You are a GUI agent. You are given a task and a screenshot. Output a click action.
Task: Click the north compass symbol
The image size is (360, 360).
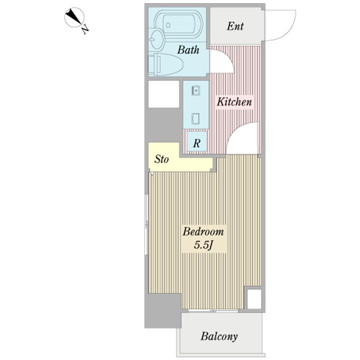click(74, 17)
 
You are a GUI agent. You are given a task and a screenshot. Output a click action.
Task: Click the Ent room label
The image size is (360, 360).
click(235, 26)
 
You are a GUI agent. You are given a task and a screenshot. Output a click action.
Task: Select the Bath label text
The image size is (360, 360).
click(188, 50)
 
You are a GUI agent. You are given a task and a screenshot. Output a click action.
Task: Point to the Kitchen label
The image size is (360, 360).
click(234, 102)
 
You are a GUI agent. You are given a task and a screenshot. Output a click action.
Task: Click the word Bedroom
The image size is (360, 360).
click(203, 231)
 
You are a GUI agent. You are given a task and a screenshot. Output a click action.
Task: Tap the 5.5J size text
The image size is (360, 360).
click(204, 245)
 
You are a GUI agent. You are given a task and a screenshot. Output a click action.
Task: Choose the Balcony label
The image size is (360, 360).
click(219, 336)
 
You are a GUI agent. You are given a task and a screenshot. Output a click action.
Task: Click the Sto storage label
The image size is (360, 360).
click(161, 159)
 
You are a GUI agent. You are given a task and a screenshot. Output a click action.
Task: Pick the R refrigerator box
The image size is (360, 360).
click(197, 141)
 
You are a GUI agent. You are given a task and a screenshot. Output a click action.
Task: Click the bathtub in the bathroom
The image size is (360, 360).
click(179, 25)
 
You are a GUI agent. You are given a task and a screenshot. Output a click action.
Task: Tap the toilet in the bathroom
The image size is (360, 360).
click(165, 64)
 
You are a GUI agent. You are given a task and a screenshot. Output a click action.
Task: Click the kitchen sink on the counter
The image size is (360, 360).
click(195, 90)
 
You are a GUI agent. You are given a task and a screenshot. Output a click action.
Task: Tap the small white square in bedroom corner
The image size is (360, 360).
click(254, 299)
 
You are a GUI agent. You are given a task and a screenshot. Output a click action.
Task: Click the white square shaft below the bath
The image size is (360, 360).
click(163, 94)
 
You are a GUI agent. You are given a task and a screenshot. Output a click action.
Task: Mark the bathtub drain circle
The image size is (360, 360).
click(168, 25)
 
